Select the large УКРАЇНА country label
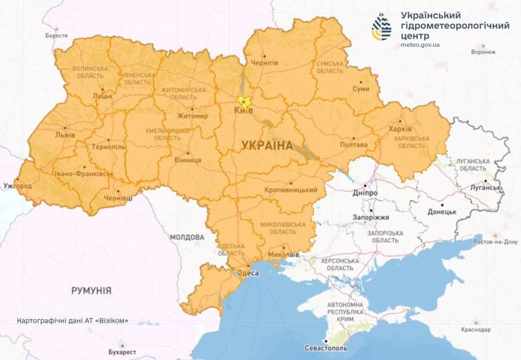(267, 145)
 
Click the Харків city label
(400, 129)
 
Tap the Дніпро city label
(365, 193)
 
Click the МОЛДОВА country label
(187, 237)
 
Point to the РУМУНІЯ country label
(91, 291)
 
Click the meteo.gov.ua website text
(420, 45)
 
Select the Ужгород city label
(17, 185)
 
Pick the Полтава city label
(354, 145)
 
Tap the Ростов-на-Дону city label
(496, 242)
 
